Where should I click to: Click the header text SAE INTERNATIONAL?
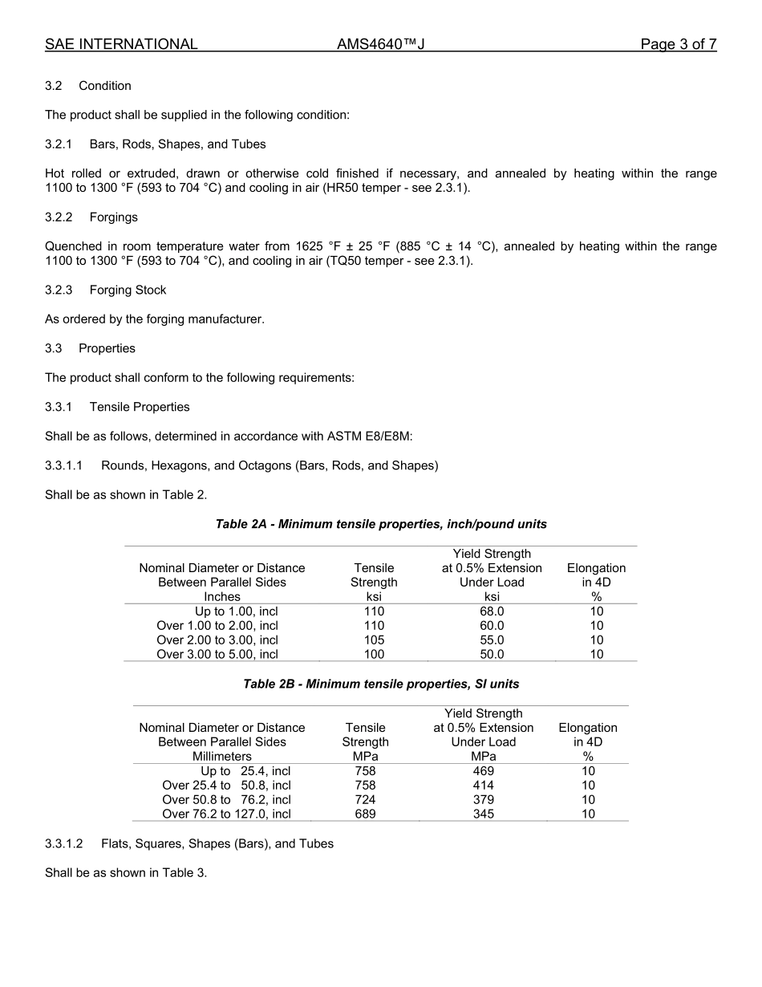point(121,45)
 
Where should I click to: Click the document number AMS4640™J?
point(380,45)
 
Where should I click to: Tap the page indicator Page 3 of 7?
point(678,45)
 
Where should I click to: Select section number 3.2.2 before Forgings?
point(59,217)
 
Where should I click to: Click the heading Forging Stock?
point(128,290)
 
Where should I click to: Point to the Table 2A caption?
point(381,525)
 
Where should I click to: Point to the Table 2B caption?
point(381,684)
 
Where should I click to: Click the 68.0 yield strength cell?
point(492,611)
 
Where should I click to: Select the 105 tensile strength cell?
point(374,640)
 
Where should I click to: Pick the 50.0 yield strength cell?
point(492,655)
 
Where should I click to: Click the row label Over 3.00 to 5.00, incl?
point(217,655)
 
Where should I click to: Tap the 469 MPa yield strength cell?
point(484,771)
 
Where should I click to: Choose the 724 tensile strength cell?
point(365,800)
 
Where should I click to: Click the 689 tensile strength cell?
point(365,814)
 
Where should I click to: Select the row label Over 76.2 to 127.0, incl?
point(226,814)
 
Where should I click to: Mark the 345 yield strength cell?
point(484,814)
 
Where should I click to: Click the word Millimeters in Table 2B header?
point(222,757)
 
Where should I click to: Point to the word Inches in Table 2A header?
point(222,597)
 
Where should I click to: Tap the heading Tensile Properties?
point(140,408)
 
